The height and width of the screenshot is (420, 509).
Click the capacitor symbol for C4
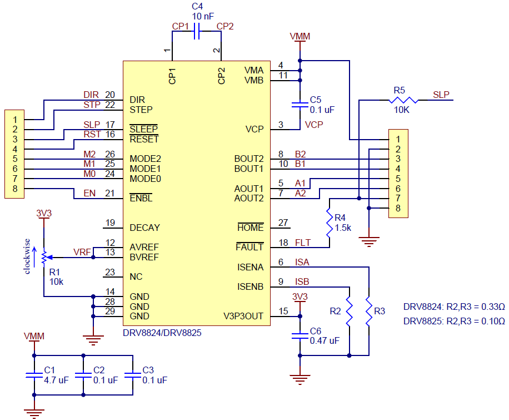click(x=196, y=33)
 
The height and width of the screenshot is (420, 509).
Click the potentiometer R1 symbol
click(x=43, y=256)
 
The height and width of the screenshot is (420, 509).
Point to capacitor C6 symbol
click(x=300, y=335)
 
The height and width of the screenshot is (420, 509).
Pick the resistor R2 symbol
click(x=349, y=312)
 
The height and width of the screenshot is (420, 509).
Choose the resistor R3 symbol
click(x=368, y=312)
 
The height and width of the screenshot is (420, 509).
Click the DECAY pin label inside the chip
click(x=144, y=228)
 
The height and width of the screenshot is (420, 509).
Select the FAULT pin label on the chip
click(x=249, y=246)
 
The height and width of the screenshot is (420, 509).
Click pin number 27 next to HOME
click(x=283, y=224)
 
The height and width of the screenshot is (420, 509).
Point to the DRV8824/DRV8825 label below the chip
click(x=162, y=333)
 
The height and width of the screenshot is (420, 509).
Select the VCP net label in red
click(x=314, y=125)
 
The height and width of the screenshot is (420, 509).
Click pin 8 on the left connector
click(x=16, y=189)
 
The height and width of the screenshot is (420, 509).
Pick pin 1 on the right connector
click(x=398, y=139)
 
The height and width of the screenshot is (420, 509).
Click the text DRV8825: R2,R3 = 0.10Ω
click(x=454, y=321)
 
